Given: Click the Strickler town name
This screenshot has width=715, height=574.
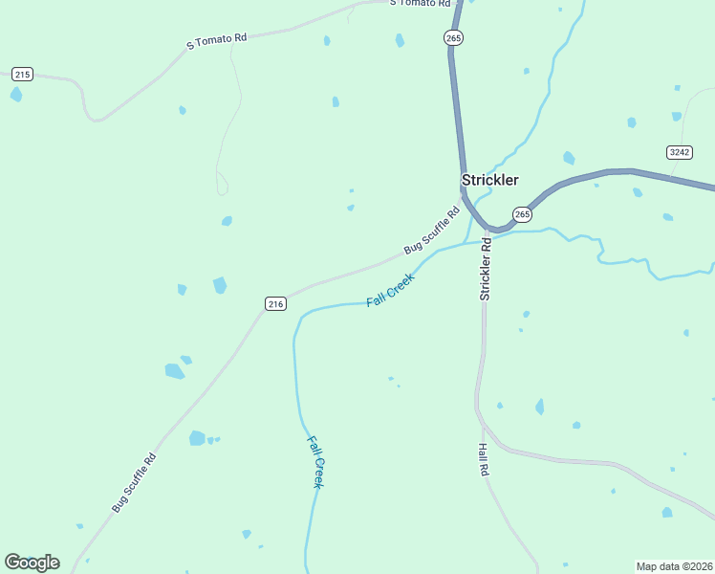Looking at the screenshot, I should (x=489, y=180).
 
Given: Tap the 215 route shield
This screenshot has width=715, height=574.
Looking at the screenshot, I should (x=23, y=74).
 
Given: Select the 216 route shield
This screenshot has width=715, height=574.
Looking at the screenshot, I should (x=275, y=303).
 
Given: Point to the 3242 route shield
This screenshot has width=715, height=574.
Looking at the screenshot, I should (x=679, y=152).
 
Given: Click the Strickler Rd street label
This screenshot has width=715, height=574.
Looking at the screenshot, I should (x=486, y=270).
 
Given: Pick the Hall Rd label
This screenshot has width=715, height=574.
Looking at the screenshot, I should (x=484, y=460).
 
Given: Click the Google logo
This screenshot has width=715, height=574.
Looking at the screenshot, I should (x=32, y=563).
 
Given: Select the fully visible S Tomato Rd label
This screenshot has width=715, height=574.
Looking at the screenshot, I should (x=216, y=41).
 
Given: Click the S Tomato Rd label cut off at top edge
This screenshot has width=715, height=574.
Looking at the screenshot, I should (x=420, y=3).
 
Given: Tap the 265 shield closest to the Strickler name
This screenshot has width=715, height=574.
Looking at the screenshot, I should (x=521, y=215).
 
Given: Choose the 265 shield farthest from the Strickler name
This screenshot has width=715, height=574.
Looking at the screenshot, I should (x=453, y=37).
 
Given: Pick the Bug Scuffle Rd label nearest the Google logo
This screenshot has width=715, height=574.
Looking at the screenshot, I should (x=134, y=482).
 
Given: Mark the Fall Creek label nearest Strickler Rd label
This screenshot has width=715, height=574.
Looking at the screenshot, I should (x=390, y=290).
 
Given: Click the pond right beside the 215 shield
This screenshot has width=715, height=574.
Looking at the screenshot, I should (x=15, y=95).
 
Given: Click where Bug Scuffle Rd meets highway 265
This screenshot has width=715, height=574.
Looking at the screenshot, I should (x=463, y=196).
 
